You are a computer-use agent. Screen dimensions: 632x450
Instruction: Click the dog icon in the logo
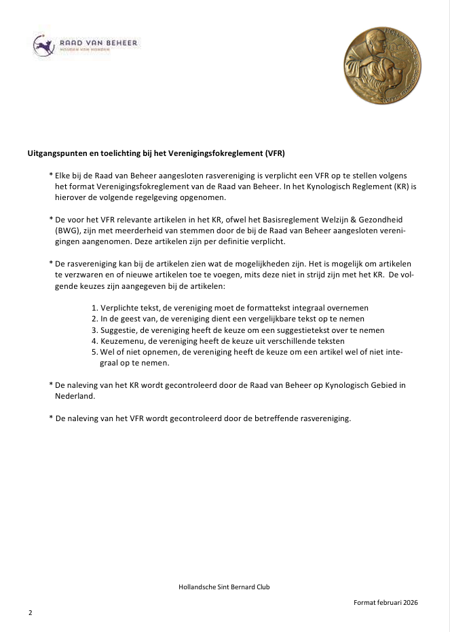pyautogui.click(x=44, y=46)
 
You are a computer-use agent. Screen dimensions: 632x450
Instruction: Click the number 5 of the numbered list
pyautogui.click(x=94, y=352)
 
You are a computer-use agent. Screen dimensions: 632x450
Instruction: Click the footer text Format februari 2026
pyautogui.click(x=386, y=603)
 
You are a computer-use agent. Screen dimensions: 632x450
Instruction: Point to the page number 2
pyautogui.click(x=31, y=612)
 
